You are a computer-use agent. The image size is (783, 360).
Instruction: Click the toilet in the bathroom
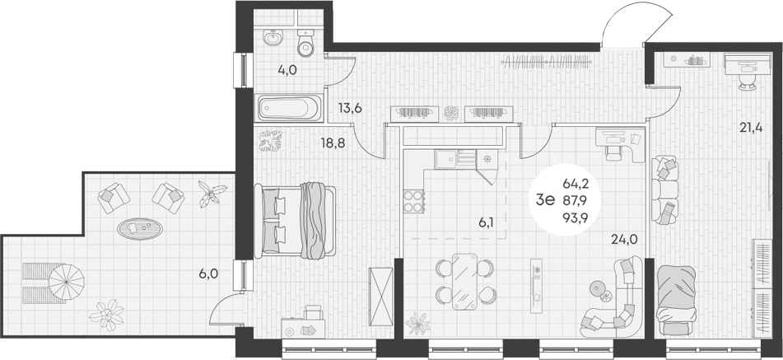(x=305, y=43)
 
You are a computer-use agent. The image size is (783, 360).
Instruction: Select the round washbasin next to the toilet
(x=273, y=37)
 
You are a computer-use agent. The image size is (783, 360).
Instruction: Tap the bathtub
(x=289, y=109)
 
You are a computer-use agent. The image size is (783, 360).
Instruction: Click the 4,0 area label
(x=287, y=70)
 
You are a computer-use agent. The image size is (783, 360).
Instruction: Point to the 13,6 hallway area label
(x=350, y=109)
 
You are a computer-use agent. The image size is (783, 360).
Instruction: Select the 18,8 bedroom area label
(x=333, y=144)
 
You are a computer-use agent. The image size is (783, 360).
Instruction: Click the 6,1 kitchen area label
(x=485, y=222)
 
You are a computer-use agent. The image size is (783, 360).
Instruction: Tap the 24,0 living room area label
(x=624, y=239)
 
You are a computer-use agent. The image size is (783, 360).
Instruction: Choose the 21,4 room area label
(x=751, y=128)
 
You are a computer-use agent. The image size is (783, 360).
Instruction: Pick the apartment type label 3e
(x=545, y=199)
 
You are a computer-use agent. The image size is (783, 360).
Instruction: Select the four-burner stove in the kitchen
(x=413, y=201)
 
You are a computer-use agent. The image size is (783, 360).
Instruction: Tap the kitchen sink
(x=445, y=160)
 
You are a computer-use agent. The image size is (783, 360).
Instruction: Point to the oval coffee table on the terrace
(x=139, y=229)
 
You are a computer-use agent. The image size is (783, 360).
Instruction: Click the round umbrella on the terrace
(x=66, y=282)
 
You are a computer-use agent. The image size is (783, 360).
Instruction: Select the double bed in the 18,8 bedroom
(x=295, y=221)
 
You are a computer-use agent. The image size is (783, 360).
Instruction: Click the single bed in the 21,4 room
(x=676, y=300)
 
